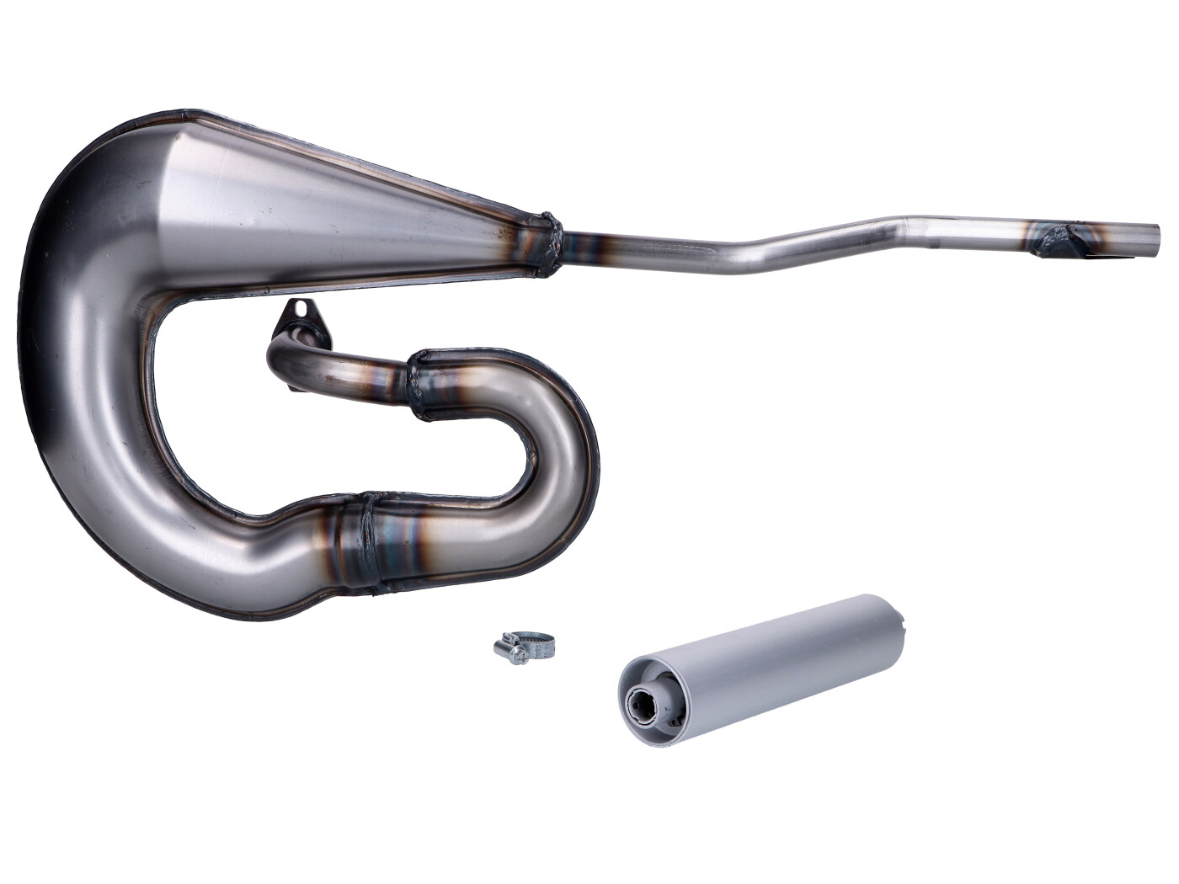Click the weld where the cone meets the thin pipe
(x=547, y=243)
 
